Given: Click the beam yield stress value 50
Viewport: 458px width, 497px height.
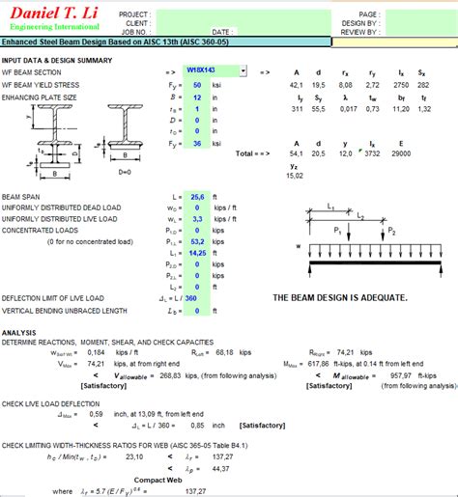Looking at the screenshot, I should point(198,85).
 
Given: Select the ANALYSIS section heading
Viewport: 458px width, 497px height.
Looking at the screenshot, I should point(19,332).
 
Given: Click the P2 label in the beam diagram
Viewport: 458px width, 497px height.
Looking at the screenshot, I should point(391,233).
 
